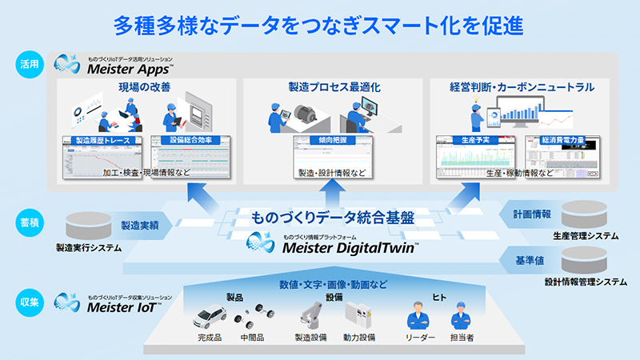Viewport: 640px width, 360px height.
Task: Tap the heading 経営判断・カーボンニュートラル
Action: pyautogui.click(x=522, y=87)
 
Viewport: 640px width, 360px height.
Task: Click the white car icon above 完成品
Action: pyautogui.click(x=210, y=317)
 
